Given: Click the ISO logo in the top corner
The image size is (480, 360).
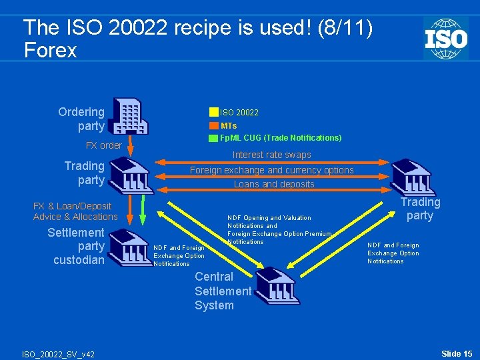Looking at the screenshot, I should coord(445,39).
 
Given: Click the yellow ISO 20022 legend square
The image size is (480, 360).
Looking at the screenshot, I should coord(213,112).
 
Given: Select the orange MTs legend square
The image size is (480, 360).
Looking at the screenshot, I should coord(213,125).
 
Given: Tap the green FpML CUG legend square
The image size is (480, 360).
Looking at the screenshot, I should coord(213,138).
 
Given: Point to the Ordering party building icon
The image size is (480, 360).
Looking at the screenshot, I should coord(130,117).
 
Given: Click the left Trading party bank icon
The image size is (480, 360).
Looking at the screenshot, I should coord(130,175).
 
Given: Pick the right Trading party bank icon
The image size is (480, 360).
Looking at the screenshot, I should coord(413,177).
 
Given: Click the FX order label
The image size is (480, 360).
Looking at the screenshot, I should coord(104,145).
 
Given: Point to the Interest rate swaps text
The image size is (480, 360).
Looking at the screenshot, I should coord(271,155).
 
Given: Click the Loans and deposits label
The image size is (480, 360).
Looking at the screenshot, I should coord(274,184).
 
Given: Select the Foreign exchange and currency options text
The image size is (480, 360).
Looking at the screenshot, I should coord(271,170).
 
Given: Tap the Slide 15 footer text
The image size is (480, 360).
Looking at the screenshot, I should coord(457,353).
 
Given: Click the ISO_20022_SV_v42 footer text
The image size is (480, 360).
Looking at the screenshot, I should coord(58,354).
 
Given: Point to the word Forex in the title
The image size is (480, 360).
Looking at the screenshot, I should coord(50,51).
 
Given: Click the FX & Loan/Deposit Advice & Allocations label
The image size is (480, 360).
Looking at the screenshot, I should coord(75,211).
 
